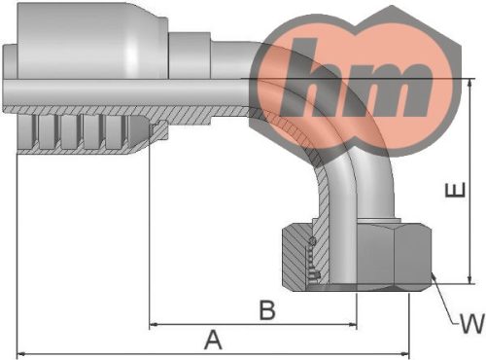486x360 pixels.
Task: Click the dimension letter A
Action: coord(213,340)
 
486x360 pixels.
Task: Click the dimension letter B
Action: coord(267,310)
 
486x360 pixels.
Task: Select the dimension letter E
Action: coord(455,190)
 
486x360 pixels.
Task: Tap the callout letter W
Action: coord(473,323)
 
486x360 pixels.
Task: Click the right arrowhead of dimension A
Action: coord(405,353)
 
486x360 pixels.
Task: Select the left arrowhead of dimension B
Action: coord(154,324)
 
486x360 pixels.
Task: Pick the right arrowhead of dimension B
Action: coord(353,324)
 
